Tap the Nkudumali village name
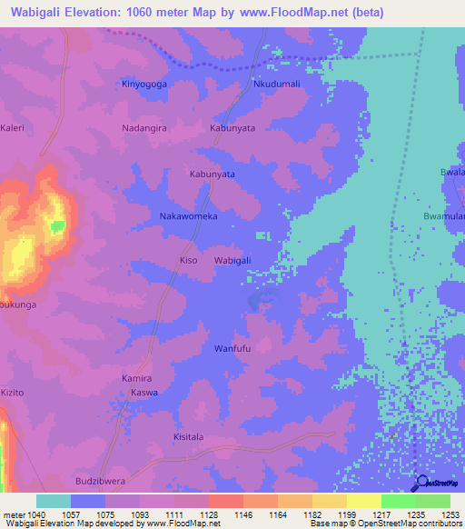(275, 84)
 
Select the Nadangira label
(145, 128)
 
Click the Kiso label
(188, 261)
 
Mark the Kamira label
(136, 377)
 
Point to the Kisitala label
(191, 437)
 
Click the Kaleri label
(13, 128)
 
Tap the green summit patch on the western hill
(58, 225)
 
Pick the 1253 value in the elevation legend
(450, 515)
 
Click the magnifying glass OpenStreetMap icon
(421, 483)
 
